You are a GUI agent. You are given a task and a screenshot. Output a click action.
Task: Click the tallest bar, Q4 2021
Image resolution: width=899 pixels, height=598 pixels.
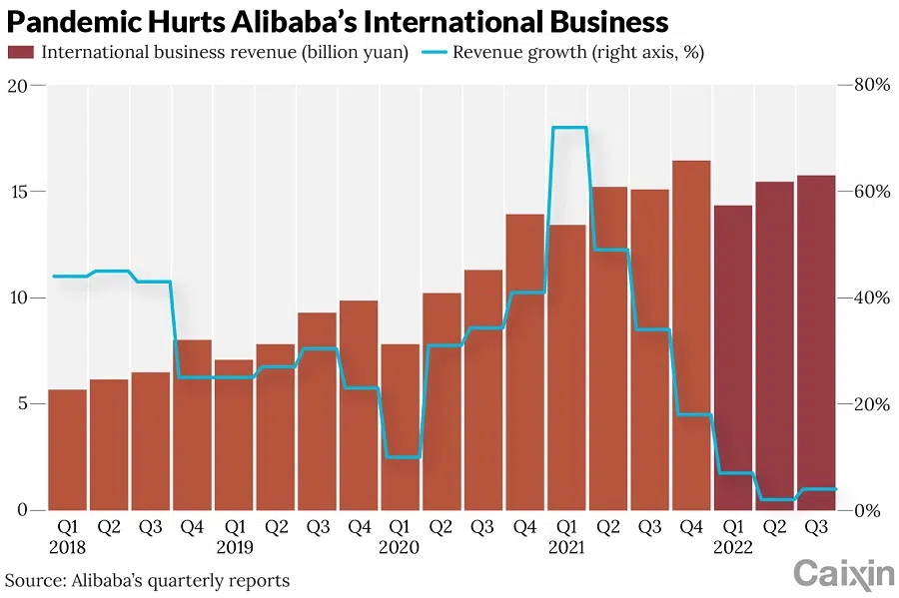691,334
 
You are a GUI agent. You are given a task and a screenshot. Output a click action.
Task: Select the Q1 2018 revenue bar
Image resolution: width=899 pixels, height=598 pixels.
67,449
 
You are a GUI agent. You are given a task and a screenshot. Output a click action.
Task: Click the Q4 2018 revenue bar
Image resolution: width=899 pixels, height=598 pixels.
192,424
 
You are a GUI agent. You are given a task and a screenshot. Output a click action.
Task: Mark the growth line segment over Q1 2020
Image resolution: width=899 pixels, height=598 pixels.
400,457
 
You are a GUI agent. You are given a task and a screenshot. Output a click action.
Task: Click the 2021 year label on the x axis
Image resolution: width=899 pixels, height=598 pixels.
566,548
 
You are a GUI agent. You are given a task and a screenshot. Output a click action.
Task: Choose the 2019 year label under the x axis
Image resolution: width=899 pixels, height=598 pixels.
234,548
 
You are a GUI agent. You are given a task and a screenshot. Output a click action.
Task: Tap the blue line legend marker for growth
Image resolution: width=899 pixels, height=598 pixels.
433,52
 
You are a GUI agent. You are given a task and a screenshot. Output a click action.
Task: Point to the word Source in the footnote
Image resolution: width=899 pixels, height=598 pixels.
30,580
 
